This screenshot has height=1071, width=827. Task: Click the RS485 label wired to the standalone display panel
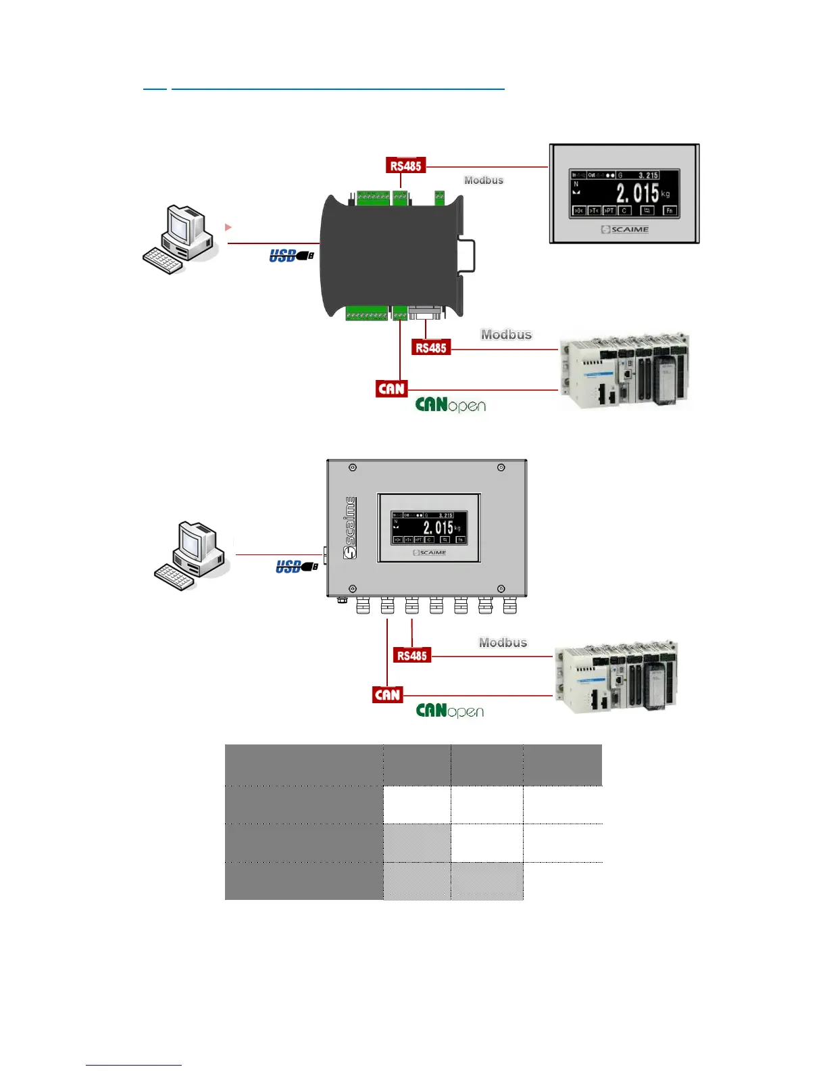point(406,166)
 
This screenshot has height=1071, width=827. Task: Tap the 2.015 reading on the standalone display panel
point(636,193)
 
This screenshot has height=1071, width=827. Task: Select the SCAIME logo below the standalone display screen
point(625,230)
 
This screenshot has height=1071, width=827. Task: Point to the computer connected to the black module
point(179,239)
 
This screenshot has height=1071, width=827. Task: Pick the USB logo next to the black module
point(291,256)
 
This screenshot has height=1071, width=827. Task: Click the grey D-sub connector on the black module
point(426,313)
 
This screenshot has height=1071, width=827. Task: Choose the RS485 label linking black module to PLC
point(431,348)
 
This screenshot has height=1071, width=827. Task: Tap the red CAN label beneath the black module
point(392,389)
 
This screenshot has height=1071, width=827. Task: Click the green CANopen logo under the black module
point(450,405)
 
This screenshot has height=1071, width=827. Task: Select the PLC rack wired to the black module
point(624,371)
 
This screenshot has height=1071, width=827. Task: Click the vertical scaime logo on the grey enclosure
point(350,527)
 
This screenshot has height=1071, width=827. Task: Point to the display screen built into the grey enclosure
point(430,528)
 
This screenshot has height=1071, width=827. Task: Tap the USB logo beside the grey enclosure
point(297,567)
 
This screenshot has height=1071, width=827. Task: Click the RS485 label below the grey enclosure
point(412,655)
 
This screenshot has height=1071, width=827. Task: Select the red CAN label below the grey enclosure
point(388,695)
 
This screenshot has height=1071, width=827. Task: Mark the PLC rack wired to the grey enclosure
point(616,676)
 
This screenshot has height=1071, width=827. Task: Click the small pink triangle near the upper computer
point(228,227)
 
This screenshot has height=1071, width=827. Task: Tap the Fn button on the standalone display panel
point(669,210)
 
